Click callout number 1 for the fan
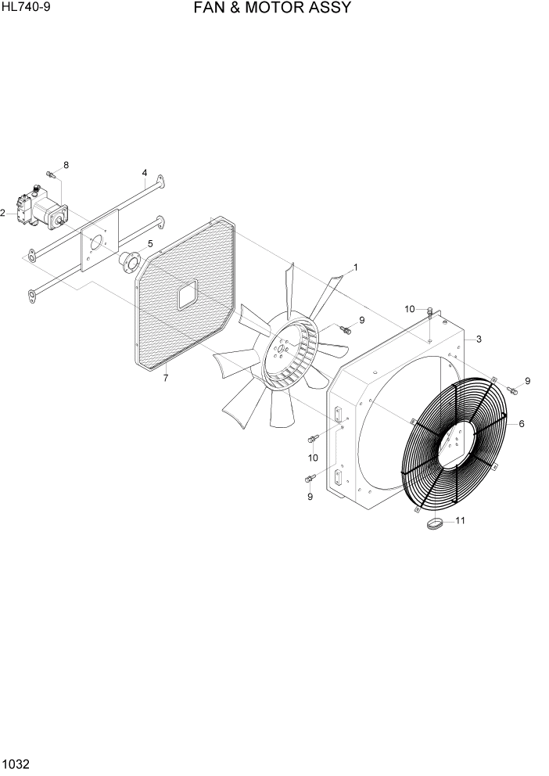pos(355,268)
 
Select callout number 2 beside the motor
pos(3,213)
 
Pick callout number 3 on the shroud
pos(478,339)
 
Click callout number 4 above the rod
pos(145,172)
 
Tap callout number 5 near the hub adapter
pos(150,244)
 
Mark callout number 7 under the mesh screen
pos(166,379)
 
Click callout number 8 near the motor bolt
pos(66,165)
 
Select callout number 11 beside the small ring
pos(460,520)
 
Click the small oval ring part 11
pos(435,524)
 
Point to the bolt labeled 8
pos(50,174)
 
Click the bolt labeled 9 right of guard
pos(511,390)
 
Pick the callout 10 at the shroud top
pos(410,310)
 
